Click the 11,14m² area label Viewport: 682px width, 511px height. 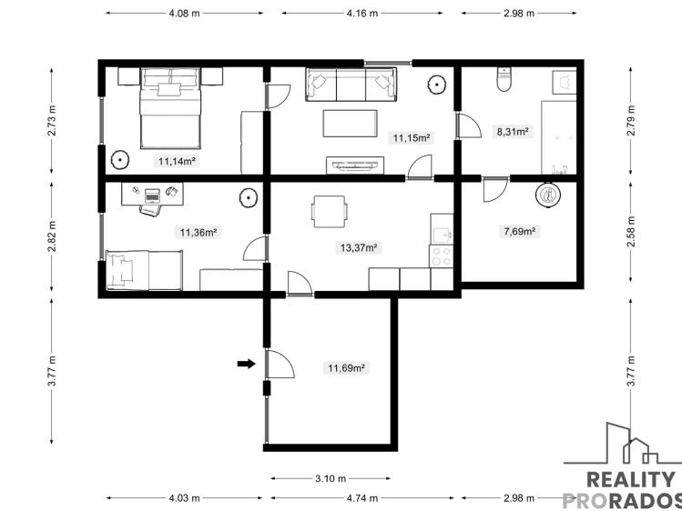tap(177, 162)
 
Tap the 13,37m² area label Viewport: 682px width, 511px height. tap(359, 248)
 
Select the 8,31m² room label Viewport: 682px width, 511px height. tap(513, 131)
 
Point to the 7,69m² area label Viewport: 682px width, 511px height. tap(519, 231)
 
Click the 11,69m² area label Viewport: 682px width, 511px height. tap(346, 368)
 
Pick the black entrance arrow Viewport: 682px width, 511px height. tap(246, 364)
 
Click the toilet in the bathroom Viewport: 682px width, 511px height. tap(504, 79)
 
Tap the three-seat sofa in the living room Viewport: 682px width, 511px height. tap(351, 85)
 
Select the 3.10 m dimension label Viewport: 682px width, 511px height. tap(331, 478)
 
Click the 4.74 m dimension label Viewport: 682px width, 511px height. tap(361, 498)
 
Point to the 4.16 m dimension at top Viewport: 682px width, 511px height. tap(361, 13)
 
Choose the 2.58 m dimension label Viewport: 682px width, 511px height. tap(631, 231)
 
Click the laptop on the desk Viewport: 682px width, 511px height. tap(152, 195)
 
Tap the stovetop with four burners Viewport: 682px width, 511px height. tap(441, 256)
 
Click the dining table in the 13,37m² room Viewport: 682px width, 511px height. tap(330, 212)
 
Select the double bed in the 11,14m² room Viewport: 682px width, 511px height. tap(170, 108)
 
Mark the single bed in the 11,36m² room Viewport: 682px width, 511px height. tap(144, 270)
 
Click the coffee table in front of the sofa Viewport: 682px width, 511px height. tap(351, 124)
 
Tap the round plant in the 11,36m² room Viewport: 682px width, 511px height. tap(249, 198)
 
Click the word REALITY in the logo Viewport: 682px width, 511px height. tap(630, 480)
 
